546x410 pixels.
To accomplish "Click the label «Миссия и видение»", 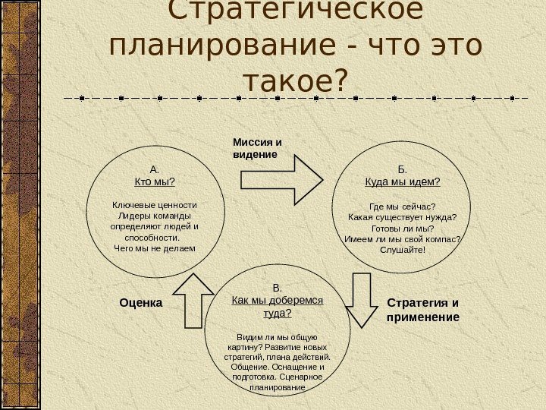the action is [256, 147].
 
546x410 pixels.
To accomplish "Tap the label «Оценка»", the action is [142, 303].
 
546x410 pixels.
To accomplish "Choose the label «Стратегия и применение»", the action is [423, 309].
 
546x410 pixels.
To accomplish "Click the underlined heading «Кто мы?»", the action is [154, 181].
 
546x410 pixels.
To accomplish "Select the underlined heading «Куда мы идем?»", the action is [403, 182].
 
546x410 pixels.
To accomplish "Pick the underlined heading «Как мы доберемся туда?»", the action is [277, 307].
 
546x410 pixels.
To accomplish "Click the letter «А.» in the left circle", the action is [154, 169].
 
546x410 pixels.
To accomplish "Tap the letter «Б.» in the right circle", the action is [403, 169].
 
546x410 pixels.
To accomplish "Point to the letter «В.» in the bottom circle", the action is [277, 288].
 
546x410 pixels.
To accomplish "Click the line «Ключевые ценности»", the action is [154, 205].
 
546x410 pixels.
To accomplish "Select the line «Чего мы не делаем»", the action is [154, 248].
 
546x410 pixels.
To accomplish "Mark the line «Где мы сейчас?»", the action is [403, 206].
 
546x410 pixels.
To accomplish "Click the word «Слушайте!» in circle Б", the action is [403, 250].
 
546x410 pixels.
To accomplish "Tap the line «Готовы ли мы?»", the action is [403, 228].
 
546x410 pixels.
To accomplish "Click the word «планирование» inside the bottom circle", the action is [277, 387].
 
